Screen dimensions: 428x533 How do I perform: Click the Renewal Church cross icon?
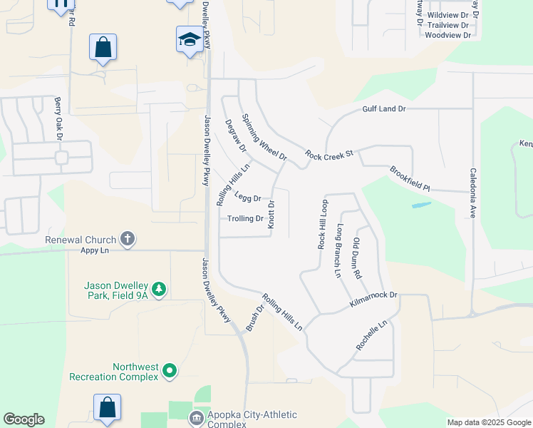click(x=128, y=239)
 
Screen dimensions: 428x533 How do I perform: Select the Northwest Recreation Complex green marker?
click(x=170, y=370)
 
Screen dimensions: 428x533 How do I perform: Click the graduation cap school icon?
click(x=190, y=39)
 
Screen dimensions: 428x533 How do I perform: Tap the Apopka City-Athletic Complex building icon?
click(x=195, y=417)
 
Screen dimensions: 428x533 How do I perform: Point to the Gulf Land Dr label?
click(x=383, y=108)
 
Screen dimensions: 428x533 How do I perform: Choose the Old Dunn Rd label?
click(x=358, y=258)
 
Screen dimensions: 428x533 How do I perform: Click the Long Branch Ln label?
click(x=339, y=250)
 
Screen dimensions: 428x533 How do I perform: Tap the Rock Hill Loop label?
click(x=321, y=224)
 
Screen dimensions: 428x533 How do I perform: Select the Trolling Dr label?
click(x=246, y=218)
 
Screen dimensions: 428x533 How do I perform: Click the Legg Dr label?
click(x=248, y=198)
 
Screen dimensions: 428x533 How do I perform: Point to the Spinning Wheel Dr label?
click(x=264, y=137)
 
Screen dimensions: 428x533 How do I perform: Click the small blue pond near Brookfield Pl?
click(x=421, y=205)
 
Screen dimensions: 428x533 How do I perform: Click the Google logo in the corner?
click(x=24, y=419)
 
